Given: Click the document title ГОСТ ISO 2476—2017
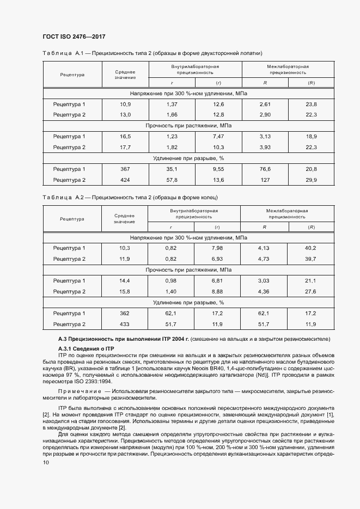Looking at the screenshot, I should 73,36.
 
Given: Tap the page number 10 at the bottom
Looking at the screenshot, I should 45,462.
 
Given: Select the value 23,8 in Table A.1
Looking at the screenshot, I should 311,104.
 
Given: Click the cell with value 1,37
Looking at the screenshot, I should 172,104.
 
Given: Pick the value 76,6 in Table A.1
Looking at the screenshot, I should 265,169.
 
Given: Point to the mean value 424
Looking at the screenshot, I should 125,180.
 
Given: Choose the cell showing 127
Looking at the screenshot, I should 265,180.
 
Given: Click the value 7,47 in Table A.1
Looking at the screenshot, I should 218,136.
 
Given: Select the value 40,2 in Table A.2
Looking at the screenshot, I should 311,248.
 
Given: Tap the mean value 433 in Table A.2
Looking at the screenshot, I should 125,324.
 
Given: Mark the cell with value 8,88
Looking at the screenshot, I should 218,291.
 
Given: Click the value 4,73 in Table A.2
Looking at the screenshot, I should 265,259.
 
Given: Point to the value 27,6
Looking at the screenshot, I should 311,291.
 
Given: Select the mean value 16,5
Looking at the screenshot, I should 125,136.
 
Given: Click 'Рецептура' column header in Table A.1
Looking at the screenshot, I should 72,74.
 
